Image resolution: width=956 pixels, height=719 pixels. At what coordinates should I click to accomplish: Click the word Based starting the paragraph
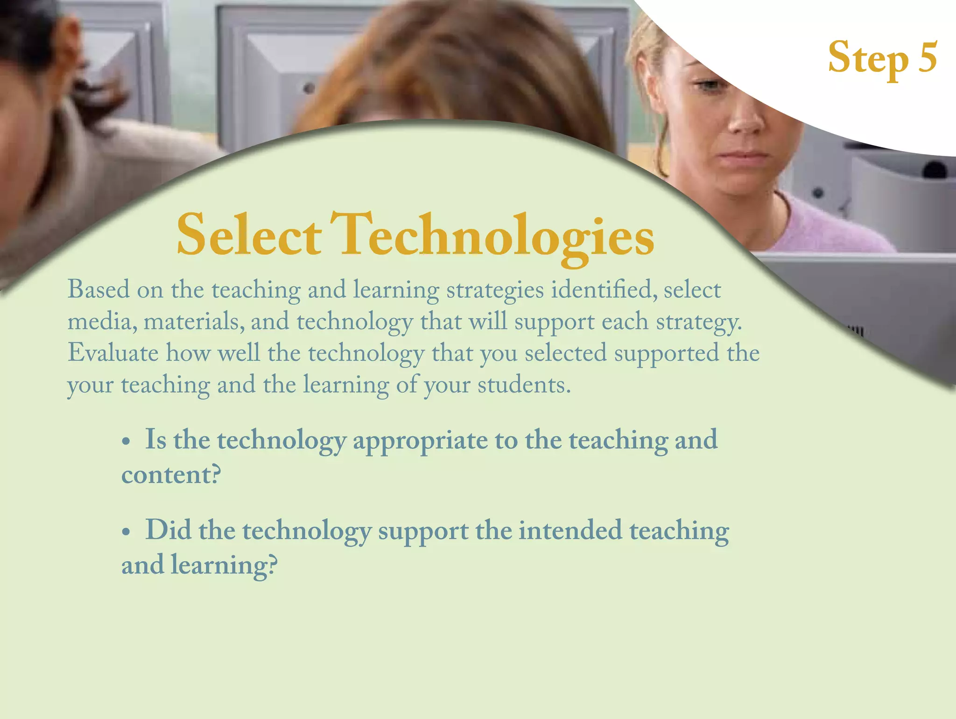click(98, 289)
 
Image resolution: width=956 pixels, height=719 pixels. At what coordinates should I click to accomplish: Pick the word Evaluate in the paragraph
click(113, 352)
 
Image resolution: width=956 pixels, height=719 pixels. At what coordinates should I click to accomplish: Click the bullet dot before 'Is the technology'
click(126, 441)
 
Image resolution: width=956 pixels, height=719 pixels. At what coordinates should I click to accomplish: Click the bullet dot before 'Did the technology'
click(126, 532)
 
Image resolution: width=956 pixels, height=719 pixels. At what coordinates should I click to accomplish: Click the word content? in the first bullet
click(171, 474)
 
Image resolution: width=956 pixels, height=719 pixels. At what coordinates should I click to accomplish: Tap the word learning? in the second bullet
click(224, 565)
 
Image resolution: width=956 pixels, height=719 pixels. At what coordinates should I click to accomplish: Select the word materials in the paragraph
click(194, 322)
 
